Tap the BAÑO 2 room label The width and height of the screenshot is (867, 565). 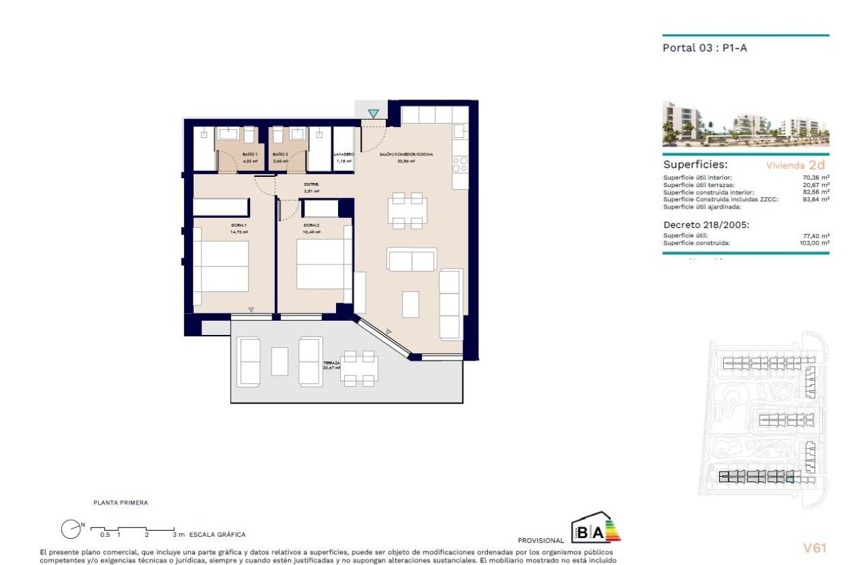280,155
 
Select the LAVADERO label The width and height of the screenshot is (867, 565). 344,155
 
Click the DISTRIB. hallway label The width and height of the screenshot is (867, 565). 311,184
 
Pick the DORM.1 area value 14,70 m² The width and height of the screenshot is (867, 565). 239,232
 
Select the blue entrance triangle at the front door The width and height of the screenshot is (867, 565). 373,114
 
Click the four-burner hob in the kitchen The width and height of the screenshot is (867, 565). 460,163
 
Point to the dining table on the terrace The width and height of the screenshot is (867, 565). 358,369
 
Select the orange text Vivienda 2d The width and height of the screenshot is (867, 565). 795,165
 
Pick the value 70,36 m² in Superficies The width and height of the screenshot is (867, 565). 816,178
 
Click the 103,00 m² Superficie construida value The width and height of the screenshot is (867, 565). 815,243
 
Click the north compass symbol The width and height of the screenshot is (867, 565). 71,529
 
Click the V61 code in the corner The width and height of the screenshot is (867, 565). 815,548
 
